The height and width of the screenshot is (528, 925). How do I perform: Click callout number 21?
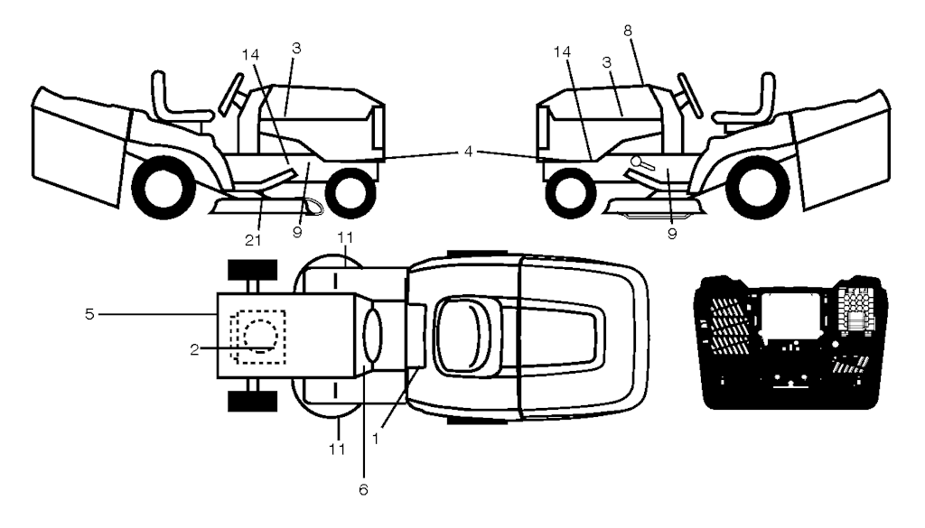[x=253, y=240]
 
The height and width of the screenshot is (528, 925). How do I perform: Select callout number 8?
[x=628, y=31]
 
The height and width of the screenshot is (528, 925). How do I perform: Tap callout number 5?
[x=89, y=314]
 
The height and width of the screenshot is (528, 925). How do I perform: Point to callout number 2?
[x=194, y=349]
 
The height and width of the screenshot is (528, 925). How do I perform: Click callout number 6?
[x=363, y=489]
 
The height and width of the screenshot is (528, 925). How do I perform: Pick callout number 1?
[x=376, y=439]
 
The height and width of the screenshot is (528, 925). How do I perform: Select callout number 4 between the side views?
[x=468, y=152]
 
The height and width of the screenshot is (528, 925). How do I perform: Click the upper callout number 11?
[x=345, y=237]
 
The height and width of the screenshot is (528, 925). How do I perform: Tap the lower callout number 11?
[x=337, y=449]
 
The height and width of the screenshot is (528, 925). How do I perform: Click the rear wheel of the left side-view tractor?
[x=164, y=187]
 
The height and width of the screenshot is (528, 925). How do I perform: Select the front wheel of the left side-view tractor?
[x=350, y=192]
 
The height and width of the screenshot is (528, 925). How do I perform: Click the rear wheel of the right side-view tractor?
[x=758, y=187]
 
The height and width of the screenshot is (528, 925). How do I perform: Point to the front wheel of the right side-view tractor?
[x=571, y=192]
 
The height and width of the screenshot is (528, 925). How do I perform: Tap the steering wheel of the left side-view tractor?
[x=230, y=93]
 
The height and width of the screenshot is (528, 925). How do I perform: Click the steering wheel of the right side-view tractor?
[x=690, y=93]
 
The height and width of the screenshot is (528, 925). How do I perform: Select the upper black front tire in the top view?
[x=253, y=270]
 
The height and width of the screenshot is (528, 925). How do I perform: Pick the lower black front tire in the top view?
[x=253, y=401]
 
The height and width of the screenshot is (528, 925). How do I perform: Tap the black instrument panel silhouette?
[x=789, y=342]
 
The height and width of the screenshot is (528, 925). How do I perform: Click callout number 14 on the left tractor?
[x=250, y=55]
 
